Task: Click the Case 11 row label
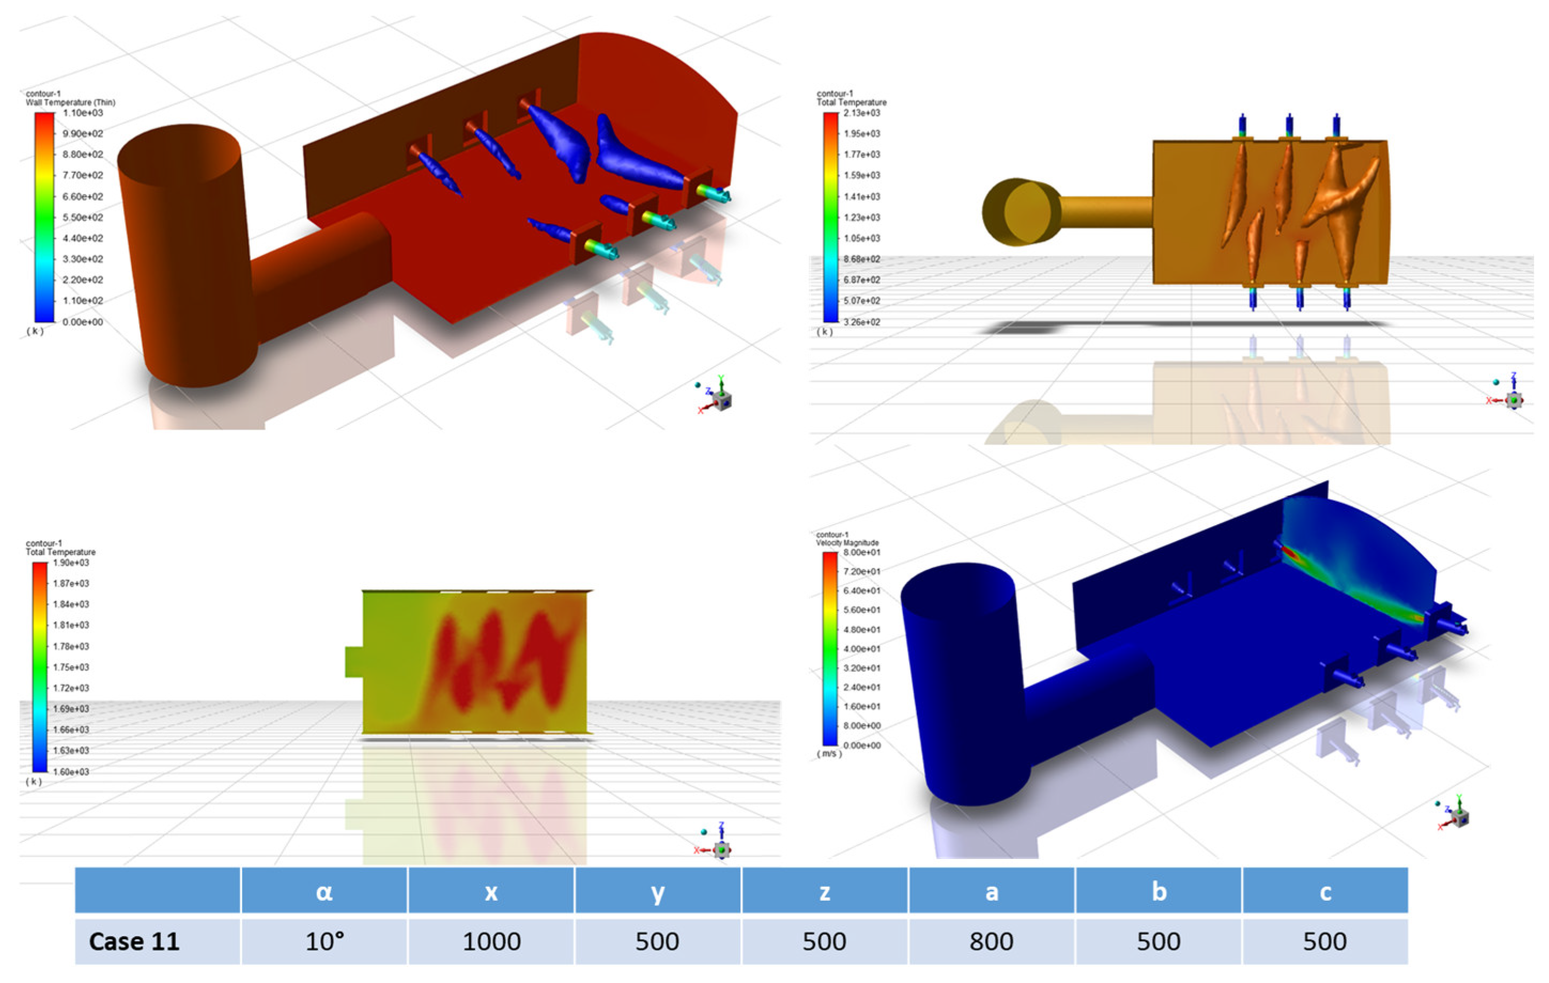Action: (x=134, y=941)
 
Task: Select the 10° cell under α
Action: (x=324, y=941)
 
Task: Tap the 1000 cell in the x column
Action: (x=491, y=941)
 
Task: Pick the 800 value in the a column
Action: (x=992, y=941)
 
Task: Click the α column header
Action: (x=324, y=892)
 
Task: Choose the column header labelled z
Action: (x=825, y=892)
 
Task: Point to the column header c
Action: (x=1325, y=892)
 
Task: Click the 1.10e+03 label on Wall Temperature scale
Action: (x=83, y=113)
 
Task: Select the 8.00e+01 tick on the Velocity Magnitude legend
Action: (x=861, y=552)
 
